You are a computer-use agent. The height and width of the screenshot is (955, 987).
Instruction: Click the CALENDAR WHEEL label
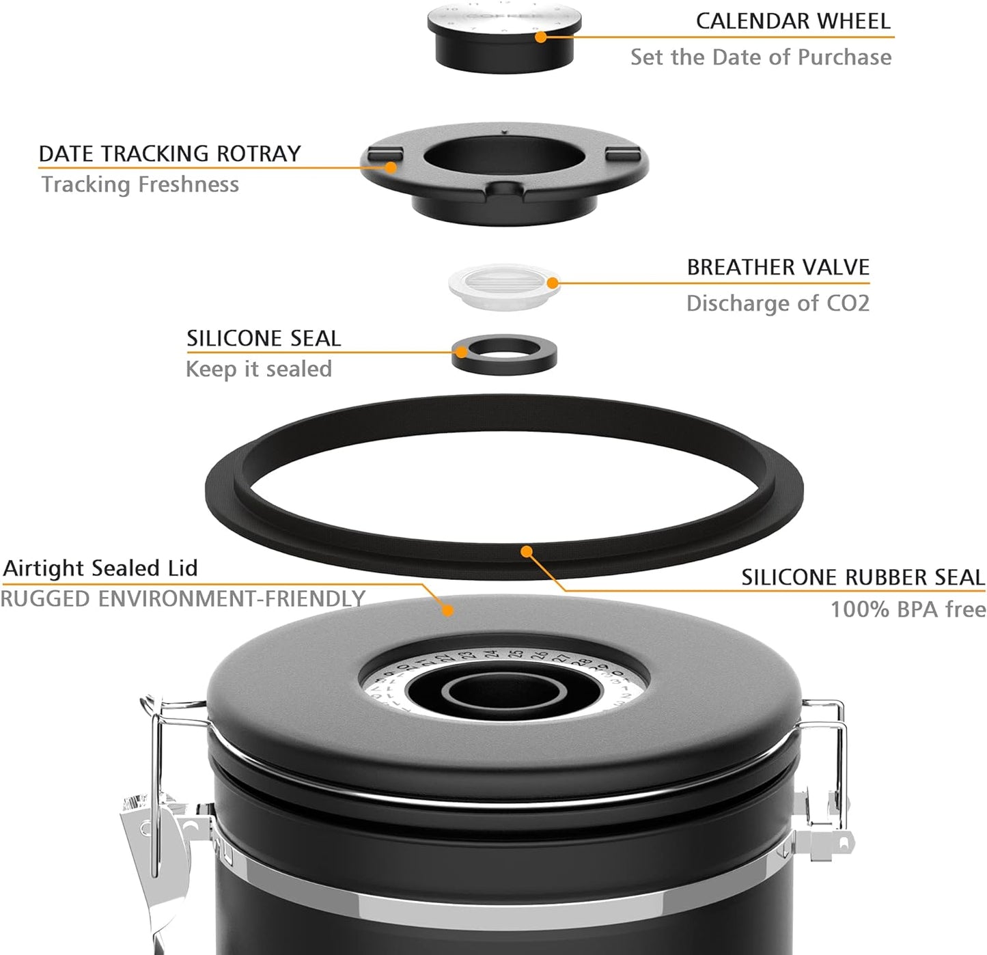pos(793,21)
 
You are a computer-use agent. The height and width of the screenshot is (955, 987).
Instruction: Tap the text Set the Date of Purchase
pos(760,57)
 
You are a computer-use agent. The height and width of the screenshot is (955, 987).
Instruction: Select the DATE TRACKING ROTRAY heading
pos(169,154)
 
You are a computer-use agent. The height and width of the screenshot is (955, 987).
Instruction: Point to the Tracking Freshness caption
pos(140,184)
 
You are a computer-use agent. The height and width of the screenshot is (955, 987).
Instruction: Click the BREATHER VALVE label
pos(777,267)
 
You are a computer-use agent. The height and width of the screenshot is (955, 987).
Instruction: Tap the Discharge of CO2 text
pos(777,303)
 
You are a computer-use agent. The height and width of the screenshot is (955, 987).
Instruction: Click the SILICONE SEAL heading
pos(264,339)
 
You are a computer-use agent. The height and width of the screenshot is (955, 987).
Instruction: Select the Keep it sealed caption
pos(258,370)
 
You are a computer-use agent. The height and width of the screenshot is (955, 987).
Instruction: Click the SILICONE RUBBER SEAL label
pos(863,578)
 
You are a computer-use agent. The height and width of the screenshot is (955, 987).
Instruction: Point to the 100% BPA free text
pos(908,609)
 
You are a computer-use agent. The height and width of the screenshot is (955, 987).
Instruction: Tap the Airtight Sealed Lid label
pos(100,568)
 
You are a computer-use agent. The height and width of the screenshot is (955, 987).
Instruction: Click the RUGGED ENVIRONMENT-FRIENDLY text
pos(183,599)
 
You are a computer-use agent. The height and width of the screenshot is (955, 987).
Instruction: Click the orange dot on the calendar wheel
pos(541,37)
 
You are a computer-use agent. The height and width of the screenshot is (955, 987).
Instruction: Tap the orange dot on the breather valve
pos(553,283)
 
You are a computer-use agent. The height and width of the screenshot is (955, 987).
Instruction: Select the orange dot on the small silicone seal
pos(462,352)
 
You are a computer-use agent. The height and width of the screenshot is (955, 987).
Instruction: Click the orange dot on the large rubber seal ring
pos(526,551)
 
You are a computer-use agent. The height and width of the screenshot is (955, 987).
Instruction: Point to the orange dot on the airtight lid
pos(447,610)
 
